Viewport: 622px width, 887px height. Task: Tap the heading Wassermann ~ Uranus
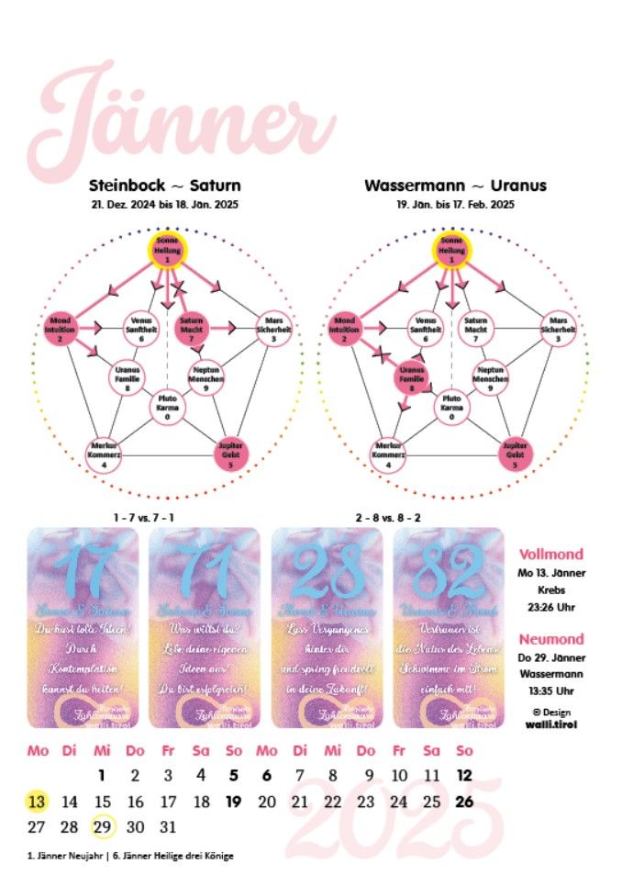(x=455, y=185)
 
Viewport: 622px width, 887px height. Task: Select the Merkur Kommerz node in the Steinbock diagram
(x=106, y=451)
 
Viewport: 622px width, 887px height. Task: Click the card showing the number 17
(x=83, y=627)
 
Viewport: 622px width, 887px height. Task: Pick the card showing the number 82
(x=449, y=627)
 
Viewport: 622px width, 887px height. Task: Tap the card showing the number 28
(x=327, y=627)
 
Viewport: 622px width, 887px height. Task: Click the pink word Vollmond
(x=551, y=555)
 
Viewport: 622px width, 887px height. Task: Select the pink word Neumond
(x=551, y=639)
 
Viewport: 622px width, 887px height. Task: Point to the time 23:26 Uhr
(x=551, y=607)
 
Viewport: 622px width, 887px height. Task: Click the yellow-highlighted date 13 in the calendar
(x=37, y=802)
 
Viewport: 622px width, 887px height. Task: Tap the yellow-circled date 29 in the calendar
(x=103, y=826)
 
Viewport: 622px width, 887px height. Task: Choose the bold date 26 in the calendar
(x=464, y=802)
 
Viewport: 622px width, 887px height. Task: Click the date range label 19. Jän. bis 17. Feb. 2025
(x=455, y=205)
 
